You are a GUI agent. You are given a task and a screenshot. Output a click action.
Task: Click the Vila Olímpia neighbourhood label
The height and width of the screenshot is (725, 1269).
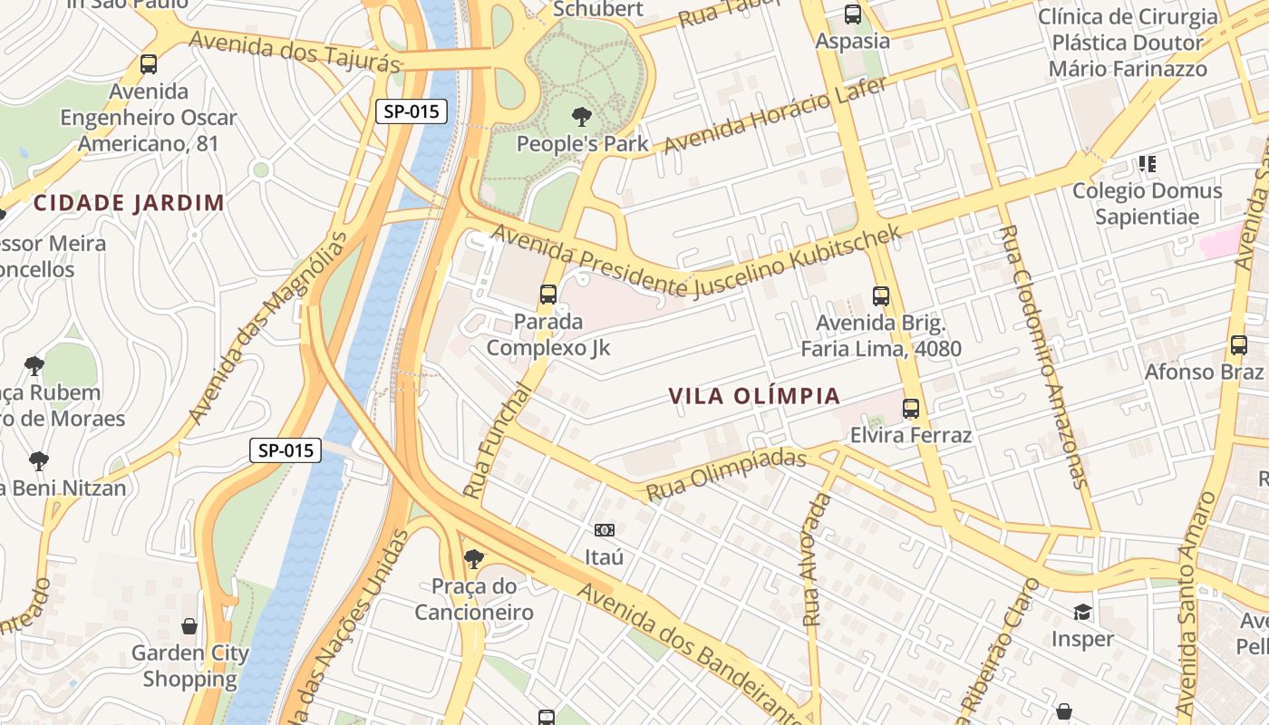click(x=754, y=396)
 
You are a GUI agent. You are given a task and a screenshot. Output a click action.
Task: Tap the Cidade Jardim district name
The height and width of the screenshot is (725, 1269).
click(x=129, y=203)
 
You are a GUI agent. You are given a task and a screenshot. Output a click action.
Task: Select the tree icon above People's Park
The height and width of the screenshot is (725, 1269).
click(x=581, y=116)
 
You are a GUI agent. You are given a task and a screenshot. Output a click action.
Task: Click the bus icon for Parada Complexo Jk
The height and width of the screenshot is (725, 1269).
click(x=547, y=294)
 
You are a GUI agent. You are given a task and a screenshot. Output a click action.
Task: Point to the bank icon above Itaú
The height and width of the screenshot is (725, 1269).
click(x=604, y=529)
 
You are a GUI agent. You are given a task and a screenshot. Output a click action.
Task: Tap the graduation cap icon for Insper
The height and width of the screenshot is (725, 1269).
click(x=1082, y=612)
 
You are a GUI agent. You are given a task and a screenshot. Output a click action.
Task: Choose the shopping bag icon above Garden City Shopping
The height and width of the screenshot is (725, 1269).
click(x=189, y=625)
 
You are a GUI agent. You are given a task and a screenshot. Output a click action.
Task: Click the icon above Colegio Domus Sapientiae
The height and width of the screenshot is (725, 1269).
click(x=1148, y=164)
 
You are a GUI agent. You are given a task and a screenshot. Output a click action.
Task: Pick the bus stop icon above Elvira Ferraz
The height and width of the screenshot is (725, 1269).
click(x=911, y=409)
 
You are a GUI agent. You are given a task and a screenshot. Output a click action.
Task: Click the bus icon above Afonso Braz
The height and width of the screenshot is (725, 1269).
click(x=1239, y=344)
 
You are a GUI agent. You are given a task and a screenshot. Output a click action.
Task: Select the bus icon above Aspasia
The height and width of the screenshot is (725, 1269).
click(x=852, y=14)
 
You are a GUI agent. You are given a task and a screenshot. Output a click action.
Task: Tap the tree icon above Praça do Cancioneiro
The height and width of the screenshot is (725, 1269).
click(x=473, y=558)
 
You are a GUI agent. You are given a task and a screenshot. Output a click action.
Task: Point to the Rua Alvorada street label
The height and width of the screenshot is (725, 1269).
click(x=817, y=561)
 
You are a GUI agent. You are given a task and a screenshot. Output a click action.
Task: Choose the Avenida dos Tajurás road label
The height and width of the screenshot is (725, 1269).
click(x=295, y=52)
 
